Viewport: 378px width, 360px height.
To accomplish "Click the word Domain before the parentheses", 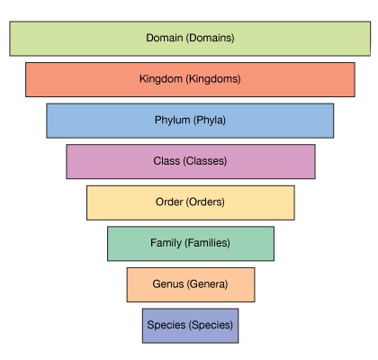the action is click(x=165, y=38).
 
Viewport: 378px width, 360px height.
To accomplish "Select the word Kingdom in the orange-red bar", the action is click(x=161, y=79).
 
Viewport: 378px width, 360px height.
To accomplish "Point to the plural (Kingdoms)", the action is click(x=213, y=79).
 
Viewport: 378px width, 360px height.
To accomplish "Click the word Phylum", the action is click(x=172, y=121).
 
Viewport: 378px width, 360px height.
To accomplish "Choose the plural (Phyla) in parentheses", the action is click(x=210, y=121).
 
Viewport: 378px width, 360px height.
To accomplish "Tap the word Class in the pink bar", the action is click(x=166, y=161).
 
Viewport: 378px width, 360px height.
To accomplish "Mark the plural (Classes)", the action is click(x=205, y=161).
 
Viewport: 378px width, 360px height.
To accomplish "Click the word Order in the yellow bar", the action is click(x=169, y=202).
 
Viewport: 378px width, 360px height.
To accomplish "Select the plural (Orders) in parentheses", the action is click(x=205, y=202).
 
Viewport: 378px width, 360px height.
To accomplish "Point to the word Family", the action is click(x=166, y=243).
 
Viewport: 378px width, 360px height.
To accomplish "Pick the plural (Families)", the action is click(x=208, y=243).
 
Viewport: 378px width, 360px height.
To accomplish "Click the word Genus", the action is click(x=167, y=284).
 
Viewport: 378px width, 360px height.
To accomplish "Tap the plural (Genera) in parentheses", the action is click(x=207, y=284).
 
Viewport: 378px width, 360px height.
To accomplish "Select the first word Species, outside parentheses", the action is click(x=166, y=325).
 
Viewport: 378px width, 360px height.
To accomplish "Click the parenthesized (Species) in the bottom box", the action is click(x=211, y=325).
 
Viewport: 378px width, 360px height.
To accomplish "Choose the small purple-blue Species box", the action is click(x=191, y=326).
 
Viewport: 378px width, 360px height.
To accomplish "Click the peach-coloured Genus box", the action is click(x=191, y=284).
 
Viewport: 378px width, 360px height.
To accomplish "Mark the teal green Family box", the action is click(x=191, y=244).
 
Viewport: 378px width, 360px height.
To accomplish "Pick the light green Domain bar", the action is click(x=190, y=39).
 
